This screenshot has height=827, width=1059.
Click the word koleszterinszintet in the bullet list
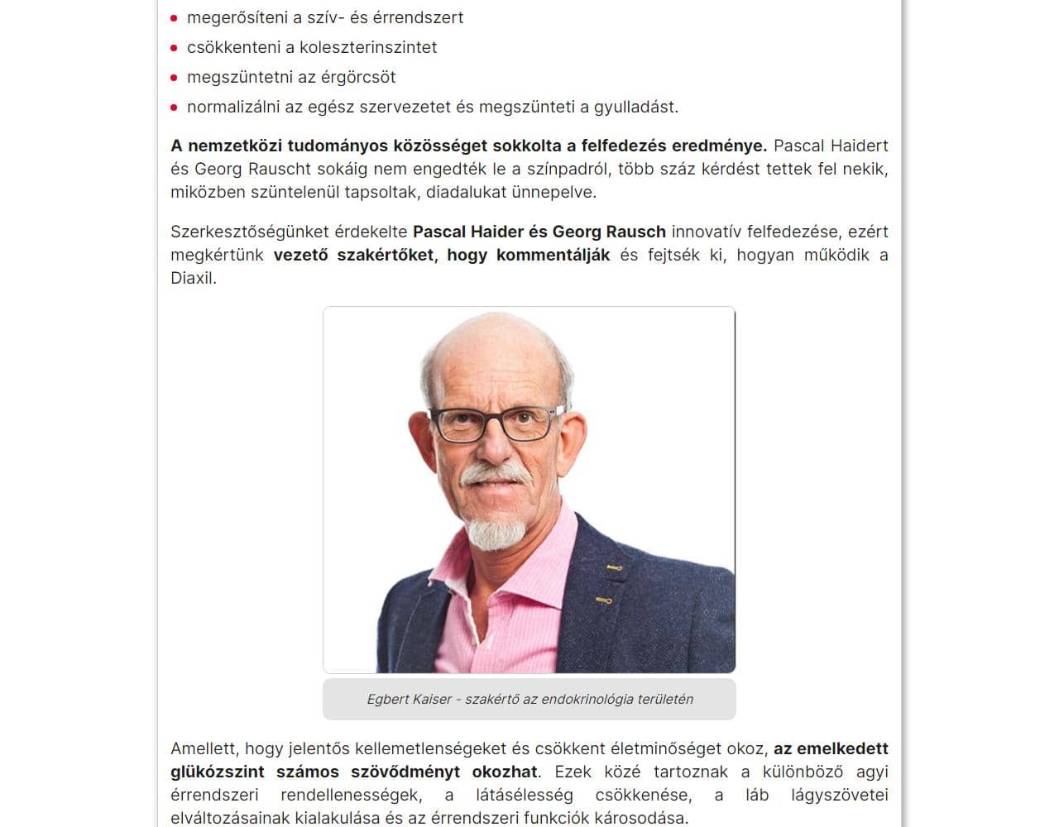368,47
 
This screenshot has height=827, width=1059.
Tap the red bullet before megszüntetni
175,78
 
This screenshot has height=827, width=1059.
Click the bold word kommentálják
553,255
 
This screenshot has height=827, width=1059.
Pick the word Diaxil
193,278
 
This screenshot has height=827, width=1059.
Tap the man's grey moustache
495,475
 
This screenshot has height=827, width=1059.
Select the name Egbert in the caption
388,699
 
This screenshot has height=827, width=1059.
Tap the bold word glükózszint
218,772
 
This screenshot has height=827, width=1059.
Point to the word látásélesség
525,795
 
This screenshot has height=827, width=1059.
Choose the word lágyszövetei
839,795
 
